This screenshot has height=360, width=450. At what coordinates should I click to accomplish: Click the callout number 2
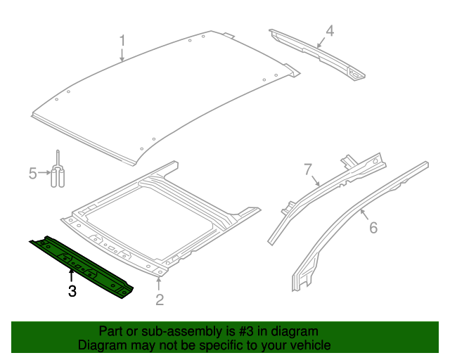pyautogui.click(x=160, y=300)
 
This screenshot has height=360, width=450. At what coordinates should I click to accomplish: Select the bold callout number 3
pyautogui.click(x=72, y=291)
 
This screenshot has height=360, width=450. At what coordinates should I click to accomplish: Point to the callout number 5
pyautogui.click(x=32, y=172)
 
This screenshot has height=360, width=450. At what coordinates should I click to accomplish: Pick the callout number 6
pyautogui.click(x=373, y=227)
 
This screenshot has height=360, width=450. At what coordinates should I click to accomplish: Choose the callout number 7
pyautogui.click(x=307, y=169)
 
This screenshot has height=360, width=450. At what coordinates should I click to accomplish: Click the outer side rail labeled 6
pyautogui.click(x=352, y=211)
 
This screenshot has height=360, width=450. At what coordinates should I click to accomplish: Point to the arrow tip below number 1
pyautogui.click(x=122, y=62)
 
